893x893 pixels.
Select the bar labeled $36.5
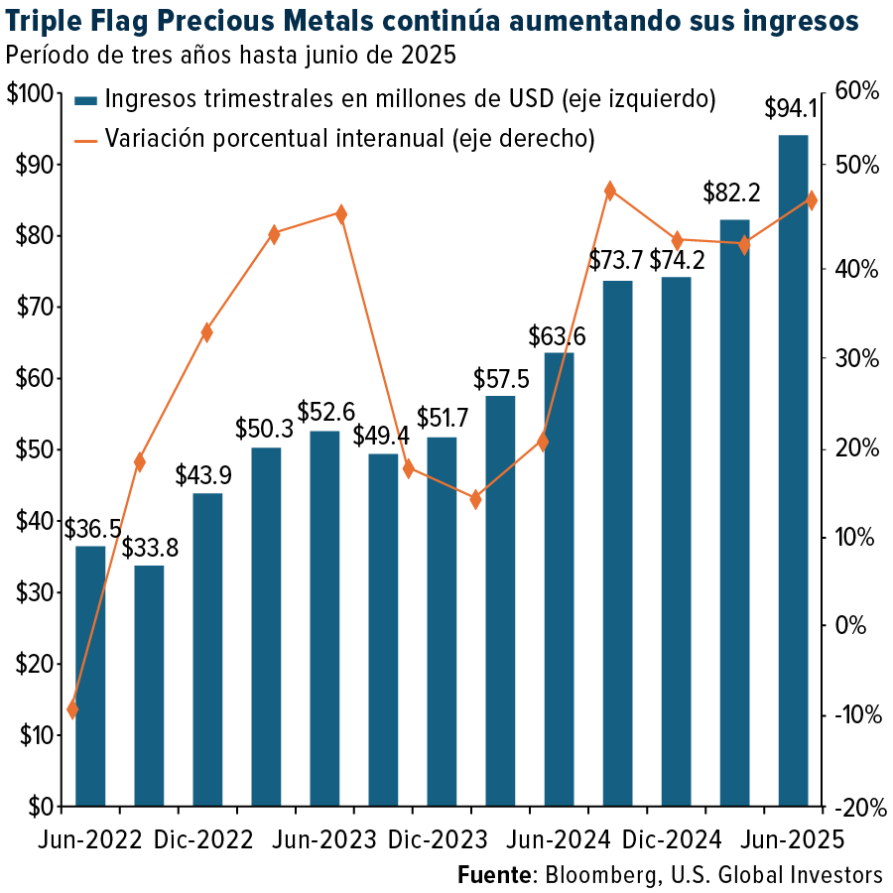point(90,675)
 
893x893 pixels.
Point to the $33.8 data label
point(150,548)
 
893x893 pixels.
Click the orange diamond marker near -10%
point(72,708)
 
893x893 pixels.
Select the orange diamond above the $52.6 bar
point(341,214)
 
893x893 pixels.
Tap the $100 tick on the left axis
point(30,94)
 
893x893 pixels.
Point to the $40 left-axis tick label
point(34,521)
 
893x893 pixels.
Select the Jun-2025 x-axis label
point(792,839)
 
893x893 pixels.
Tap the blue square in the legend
point(86,100)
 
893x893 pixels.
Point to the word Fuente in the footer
point(493,875)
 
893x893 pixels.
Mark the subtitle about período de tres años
point(230,56)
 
